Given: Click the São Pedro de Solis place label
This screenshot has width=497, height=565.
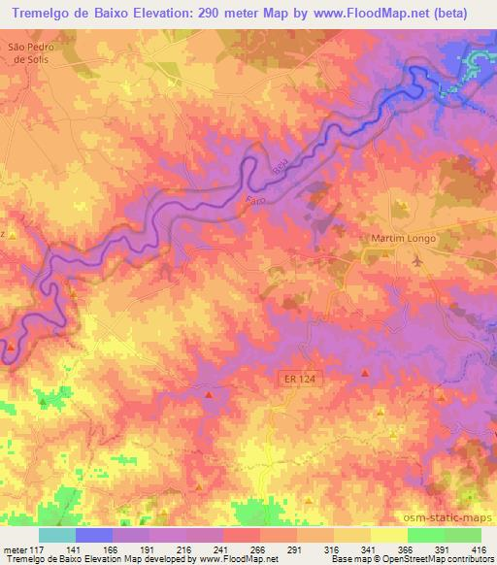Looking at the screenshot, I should [x=28, y=51].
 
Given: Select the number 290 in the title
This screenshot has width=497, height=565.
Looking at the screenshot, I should [x=231, y=13].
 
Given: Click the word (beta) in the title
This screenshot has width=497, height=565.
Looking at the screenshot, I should [x=466, y=13].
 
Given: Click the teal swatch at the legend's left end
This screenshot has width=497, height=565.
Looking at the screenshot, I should [x=57, y=535].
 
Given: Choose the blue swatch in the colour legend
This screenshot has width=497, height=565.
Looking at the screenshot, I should [x=94, y=535].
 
